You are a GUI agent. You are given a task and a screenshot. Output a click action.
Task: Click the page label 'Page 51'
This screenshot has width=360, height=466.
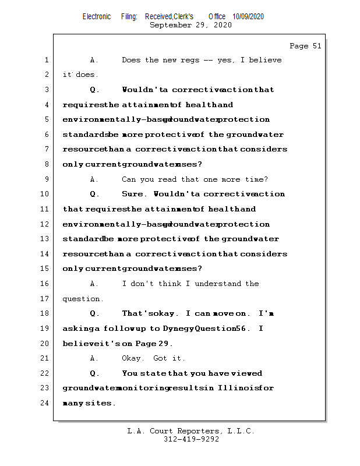pyautogui.click(x=305, y=46)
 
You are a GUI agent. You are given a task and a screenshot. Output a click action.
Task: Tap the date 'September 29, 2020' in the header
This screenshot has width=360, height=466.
pyautogui.click(x=190, y=25)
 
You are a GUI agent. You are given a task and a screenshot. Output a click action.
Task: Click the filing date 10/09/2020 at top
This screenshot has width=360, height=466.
pyautogui.click(x=248, y=17)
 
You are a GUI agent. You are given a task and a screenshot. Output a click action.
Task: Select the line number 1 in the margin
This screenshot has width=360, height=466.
pyautogui.click(x=45, y=60)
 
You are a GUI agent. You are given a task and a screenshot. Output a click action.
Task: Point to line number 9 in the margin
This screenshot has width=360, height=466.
pyautogui.click(x=45, y=179)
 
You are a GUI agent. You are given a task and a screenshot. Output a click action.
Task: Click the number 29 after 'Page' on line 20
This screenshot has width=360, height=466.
pyautogui.click(x=165, y=344)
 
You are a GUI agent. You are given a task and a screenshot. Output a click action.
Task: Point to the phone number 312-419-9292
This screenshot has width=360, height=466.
pyautogui.click(x=191, y=440)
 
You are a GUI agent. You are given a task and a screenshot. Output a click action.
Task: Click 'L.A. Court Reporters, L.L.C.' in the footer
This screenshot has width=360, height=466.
pyautogui.click(x=190, y=432)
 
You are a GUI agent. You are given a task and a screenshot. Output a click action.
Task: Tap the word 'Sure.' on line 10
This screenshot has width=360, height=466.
pyautogui.click(x=134, y=194)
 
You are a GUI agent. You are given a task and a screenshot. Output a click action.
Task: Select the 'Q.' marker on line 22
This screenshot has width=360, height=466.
pyautogui.click(x=94, y=373)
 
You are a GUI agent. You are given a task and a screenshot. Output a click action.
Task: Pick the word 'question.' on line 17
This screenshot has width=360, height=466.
pyautogui.click(x=83, y=299)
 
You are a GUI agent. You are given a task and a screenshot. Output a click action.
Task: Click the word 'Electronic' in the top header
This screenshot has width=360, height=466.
pyautogui.click(x=97, y=17)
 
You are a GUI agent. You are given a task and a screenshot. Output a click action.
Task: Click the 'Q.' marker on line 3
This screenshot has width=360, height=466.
pyautogui.click(x=94, y=90)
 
